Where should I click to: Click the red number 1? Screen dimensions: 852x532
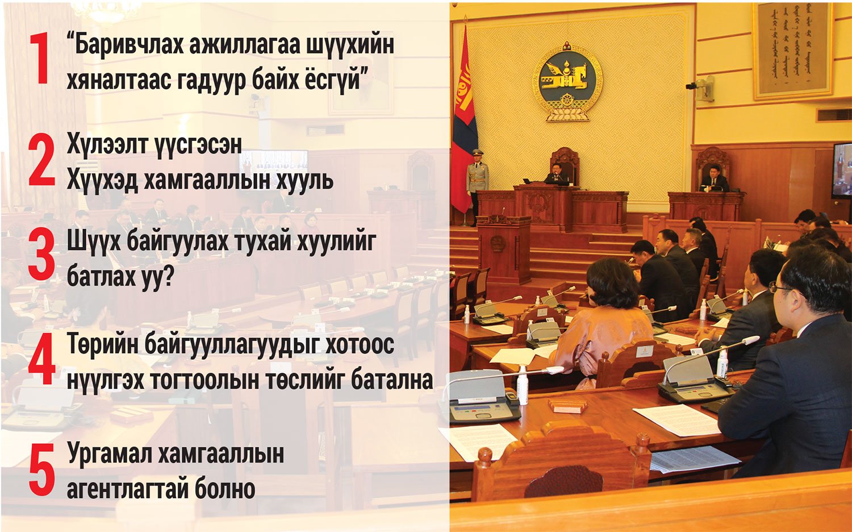pos(40,58)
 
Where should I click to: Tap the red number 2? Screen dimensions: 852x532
pos(41,160)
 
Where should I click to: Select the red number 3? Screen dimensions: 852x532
pos(41,254)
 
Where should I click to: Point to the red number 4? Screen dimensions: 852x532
pos(41,359)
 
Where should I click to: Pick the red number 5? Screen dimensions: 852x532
pos(41,471)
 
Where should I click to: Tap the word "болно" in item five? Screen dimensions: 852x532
pos(225,489)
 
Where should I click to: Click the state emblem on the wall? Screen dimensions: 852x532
pos(567,81)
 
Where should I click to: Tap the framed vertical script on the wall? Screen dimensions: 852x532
pos(793,50)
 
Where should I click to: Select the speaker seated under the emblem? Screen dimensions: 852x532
pos(557,176)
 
